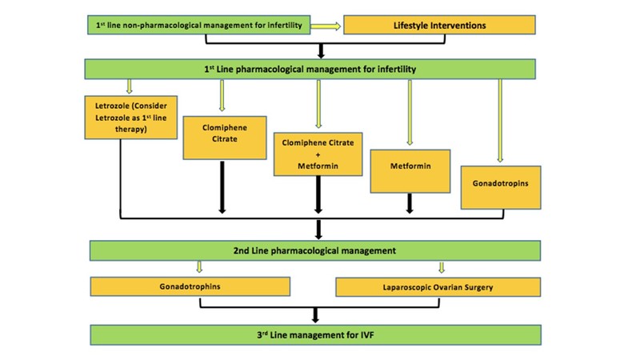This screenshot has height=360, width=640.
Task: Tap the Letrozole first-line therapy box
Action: (x=130, y=117)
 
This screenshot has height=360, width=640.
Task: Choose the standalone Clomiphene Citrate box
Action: (x=222, y=137)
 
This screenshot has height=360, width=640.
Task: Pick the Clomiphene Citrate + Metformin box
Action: (x=318, y=153)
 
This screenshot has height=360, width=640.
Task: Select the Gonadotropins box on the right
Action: (x=501, y=187)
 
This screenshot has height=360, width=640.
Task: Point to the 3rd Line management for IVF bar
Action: (x=315, y=334)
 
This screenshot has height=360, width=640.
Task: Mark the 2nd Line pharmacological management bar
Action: (x=315, y=250)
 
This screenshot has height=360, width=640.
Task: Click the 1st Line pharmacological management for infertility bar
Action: (x=315, y=70)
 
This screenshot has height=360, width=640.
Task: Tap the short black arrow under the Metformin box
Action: (x=410, y=203)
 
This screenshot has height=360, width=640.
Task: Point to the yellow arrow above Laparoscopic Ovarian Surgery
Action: (x=441, y=267)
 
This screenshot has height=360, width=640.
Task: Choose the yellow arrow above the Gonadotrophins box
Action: (x=198, y=267)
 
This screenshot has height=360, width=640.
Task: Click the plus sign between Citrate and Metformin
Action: (x=318, y=154)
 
